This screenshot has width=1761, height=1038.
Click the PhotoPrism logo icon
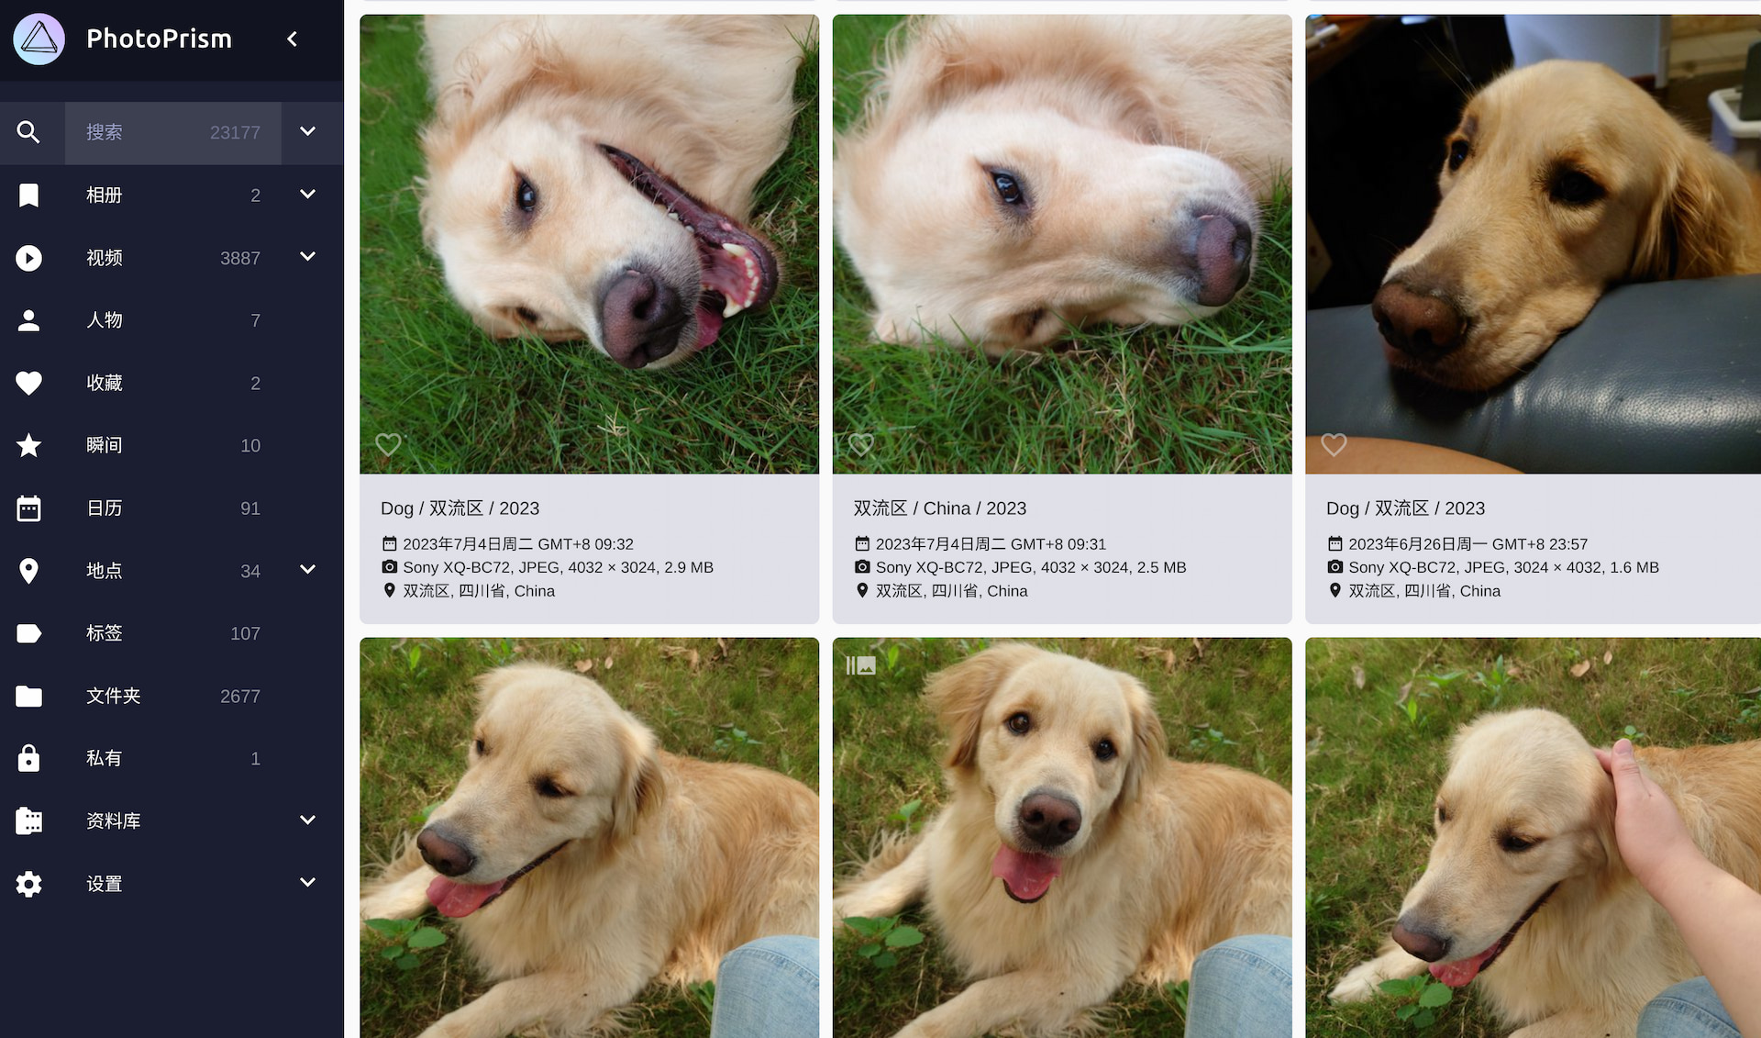[x=39, y=39]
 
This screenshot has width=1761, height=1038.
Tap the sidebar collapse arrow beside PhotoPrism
[x=293, y=39]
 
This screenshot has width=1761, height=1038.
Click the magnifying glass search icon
[x=28, y=132]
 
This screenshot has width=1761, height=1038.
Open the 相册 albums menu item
[x=104, y=195]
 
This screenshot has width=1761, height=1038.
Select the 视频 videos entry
[x=104, y=258]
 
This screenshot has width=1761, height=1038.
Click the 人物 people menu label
[x=104, y=320]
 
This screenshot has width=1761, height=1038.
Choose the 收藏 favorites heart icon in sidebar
[x=28, y=383]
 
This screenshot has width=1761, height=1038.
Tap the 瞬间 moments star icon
[x=28, y=445]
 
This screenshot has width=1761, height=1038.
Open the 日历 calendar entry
[x=104, y=508]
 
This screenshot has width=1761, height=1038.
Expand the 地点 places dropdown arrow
[x=308, y=569]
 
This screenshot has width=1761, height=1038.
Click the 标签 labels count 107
[x=245, y=633]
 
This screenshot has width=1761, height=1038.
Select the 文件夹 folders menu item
[x=113, y=696]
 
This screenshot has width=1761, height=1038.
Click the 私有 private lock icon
[x=28, y=758]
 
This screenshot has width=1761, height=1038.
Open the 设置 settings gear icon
[x=28, y=884]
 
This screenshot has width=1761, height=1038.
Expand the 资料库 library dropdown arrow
[x=308, y=820]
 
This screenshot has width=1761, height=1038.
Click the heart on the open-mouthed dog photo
[x=388, y=445]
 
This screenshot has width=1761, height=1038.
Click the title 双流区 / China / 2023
[x=939, y=508]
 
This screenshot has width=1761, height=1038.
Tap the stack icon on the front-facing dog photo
[x=860, y=665]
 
